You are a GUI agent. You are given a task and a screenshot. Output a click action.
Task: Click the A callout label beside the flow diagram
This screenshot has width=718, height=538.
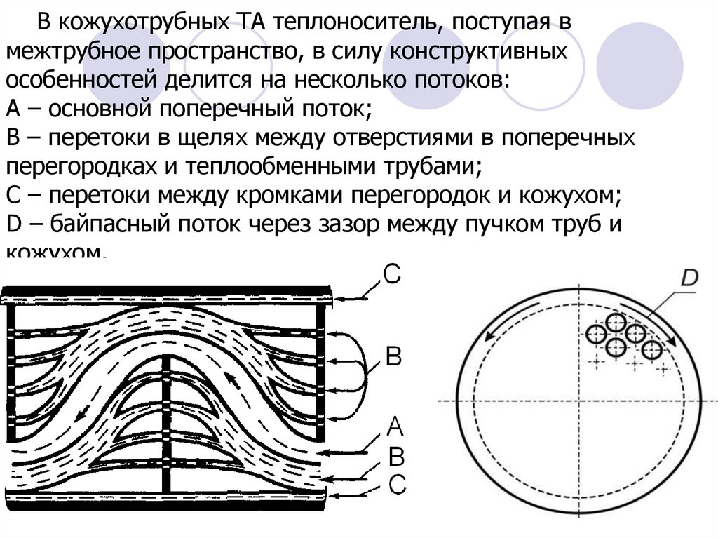pyautogui.click(x=395, y=426)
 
